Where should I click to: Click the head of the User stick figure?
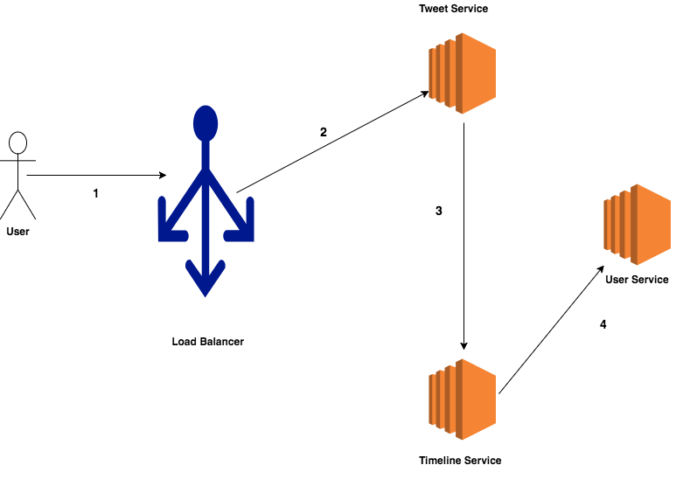(17, 143)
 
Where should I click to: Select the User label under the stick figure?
(17, 232)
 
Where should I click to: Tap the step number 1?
(95, 193)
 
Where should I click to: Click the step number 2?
(323, 132)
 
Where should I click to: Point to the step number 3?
(439, 211)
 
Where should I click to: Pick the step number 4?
(603, 324)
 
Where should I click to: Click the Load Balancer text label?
(207, 342)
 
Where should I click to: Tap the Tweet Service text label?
(453, 9)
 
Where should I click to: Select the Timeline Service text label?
(460, 460)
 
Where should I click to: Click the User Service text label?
(637, 280)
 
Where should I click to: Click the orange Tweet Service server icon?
(463, 73)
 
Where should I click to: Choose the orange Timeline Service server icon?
(463, 399)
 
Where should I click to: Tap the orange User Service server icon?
(637, 225)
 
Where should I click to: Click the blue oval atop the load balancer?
(206, 123)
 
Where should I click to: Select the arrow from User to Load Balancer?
(96, 176)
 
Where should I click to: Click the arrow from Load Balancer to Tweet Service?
(332, 141)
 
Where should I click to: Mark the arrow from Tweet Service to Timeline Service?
(463, 236)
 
